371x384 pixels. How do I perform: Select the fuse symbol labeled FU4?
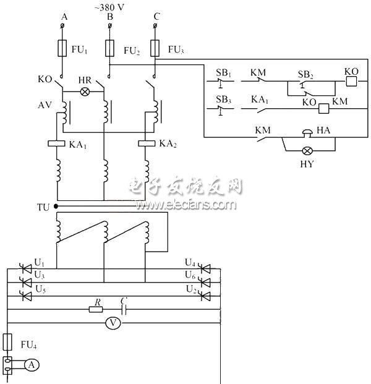pos(8,342)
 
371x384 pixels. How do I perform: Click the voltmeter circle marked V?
pos(113,322)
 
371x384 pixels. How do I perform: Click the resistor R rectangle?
pos(96,309)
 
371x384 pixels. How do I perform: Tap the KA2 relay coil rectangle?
pos(147,143)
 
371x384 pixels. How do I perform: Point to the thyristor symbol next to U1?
pos(26,269)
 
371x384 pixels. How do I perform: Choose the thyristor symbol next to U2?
pos(207,295)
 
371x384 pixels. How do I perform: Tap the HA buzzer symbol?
pos(307,132)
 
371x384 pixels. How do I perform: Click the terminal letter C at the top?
pos(156,17)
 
